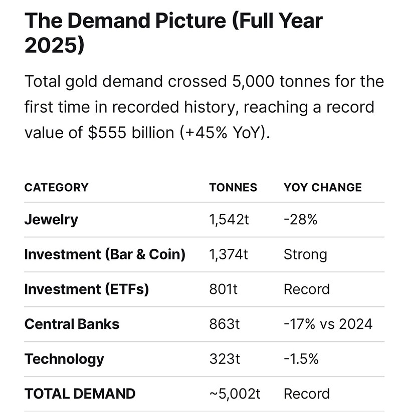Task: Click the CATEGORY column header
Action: (56, 188)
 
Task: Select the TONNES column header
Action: (233, 188)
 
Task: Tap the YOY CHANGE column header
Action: (322, 188)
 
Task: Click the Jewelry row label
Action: (51, 219)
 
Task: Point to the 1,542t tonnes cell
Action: (229, 219)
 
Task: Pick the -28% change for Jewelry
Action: (300, 219)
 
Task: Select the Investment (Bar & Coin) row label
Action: (105, 254)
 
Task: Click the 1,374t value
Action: (229, 254)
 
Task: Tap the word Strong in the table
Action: (305, 254)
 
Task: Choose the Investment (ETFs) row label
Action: (87, 289)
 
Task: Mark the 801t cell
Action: (224, 289)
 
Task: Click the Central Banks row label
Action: (72, 324)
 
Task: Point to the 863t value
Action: (225, 324)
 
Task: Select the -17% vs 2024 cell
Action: (328, 324)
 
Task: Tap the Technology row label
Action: (64, 359)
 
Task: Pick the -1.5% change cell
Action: (301, 359)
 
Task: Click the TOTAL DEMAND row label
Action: (80, 394)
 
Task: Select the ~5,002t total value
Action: (235, 394)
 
